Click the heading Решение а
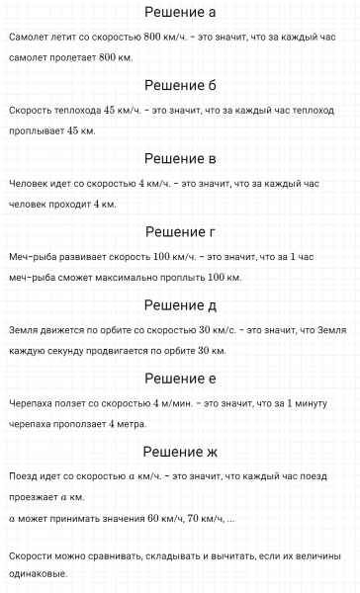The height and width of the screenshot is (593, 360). click(x=180, y=13)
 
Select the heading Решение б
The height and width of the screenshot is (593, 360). click(x=180, y=85)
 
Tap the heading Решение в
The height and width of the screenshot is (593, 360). click(x=180, y=158)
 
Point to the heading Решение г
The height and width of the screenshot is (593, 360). click(x=180, y=232)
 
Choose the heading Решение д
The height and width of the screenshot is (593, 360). click(x=180, y=305)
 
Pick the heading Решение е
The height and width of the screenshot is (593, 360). click(x=180, y=379)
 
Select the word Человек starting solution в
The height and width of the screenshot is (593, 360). click(x=27, y=183)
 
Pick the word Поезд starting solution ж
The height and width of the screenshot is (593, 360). click(x=22, y=476)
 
